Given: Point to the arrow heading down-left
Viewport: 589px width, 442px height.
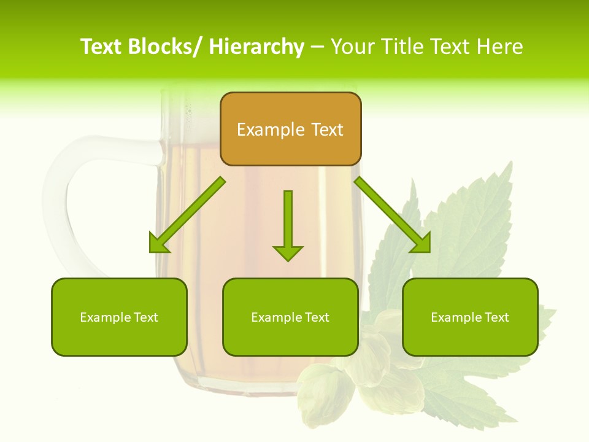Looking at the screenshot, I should [187, 215].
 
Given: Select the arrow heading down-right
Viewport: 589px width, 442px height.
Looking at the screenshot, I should [393, 215].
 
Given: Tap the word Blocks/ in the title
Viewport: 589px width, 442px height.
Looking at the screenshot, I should [164, 47].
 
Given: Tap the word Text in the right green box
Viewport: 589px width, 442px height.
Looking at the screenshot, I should [496, 317].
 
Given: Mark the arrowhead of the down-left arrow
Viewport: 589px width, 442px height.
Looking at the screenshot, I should [158, 244].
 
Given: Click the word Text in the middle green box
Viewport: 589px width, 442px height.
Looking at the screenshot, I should [317, 317].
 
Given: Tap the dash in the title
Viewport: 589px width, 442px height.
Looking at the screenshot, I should [317, 47].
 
